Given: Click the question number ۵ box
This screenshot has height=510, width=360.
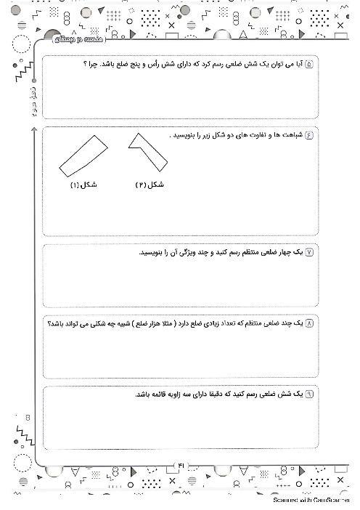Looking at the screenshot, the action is pyautogui.click(x=310, y=65).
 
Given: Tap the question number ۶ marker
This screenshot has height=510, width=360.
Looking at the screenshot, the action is pyautogui.click(x=310, y=136).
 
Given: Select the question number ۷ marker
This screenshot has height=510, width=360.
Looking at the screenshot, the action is pyautogui.click(x=310, y=252).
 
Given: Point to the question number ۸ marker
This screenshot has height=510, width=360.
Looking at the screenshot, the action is pyautogui.click(x=310, y=323).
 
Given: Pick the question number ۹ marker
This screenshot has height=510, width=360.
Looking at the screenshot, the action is pyautogui.click(x=310, y=394).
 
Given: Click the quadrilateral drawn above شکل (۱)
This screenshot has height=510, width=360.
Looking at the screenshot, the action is pyautogui.click(x=83, y=155).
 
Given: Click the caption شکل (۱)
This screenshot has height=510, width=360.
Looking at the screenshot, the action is pyautogui.click(x=83, y=185).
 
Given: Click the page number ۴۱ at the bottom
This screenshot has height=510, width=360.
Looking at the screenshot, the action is pyautogui.click(x=181, y=465).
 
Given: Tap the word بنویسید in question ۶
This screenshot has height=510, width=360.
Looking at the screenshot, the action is pyautogui.click(x=183, y=136).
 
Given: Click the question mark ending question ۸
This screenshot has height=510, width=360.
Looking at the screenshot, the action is pyautogui.click(x=49, y=323).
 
